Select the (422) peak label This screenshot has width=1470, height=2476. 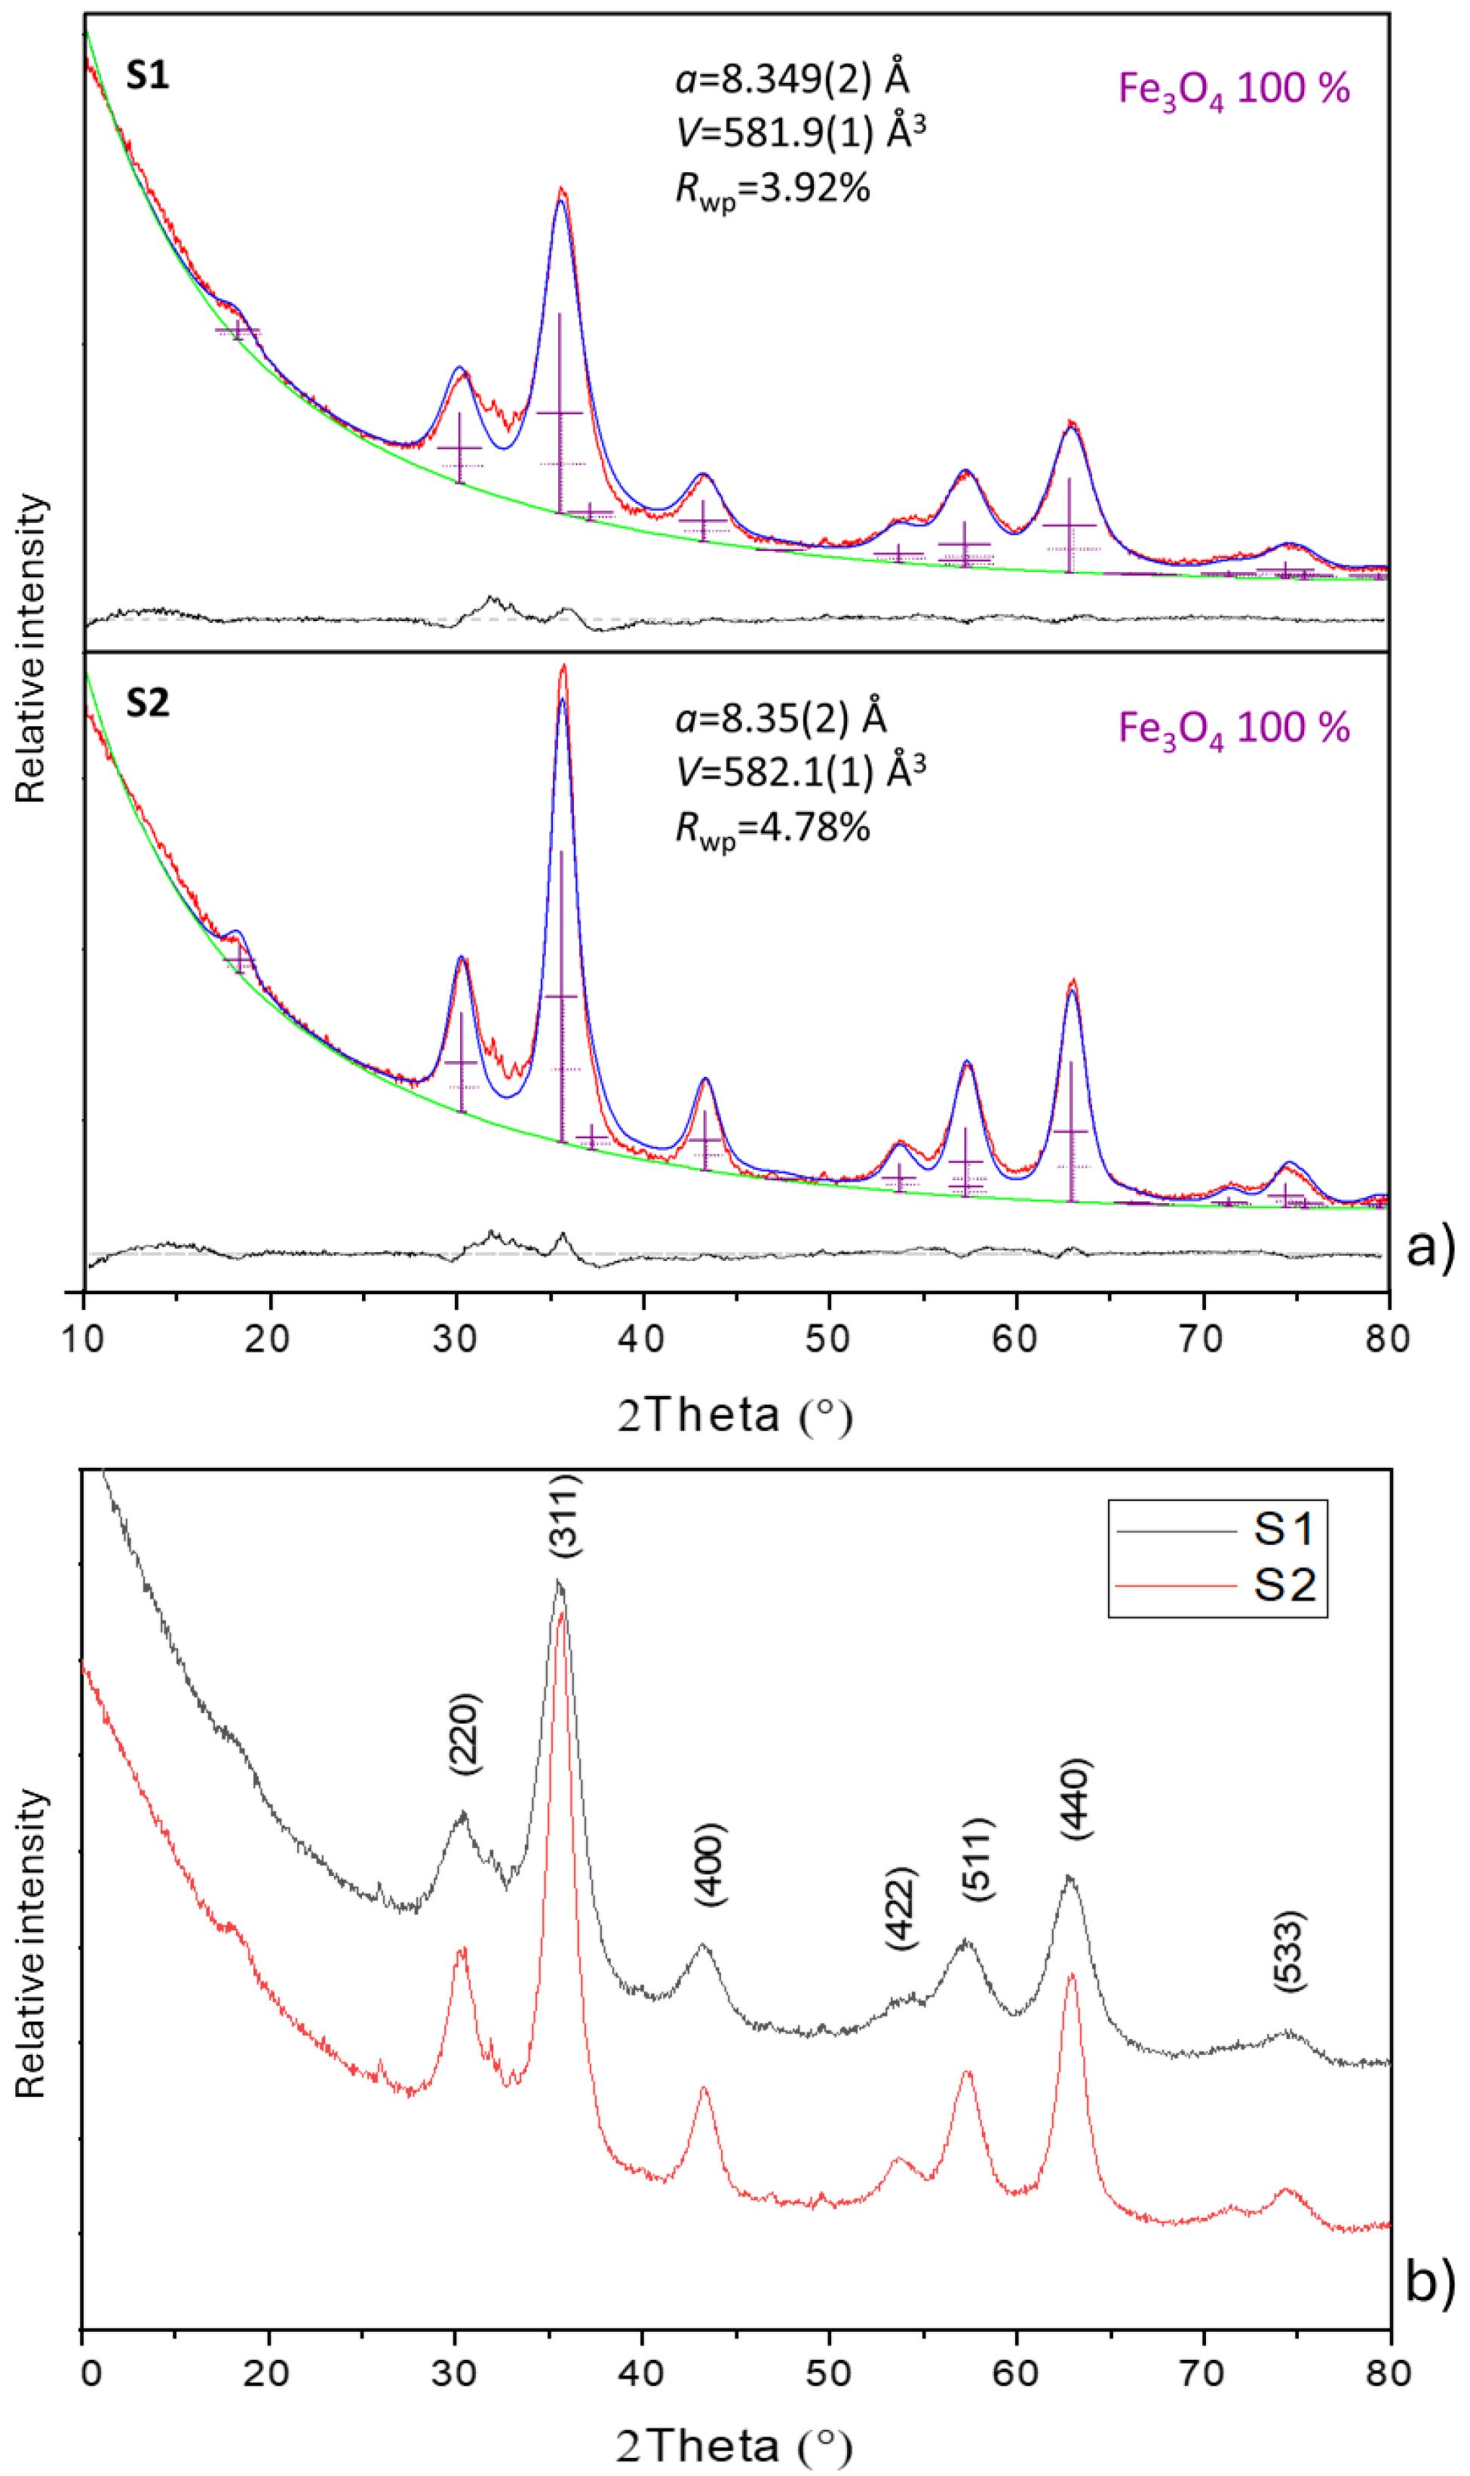point(901,1909)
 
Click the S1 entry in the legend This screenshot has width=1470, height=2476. point(1284,1530)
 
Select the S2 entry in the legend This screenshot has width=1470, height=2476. point(1284,1586)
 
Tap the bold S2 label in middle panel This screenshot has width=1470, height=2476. point(148,703)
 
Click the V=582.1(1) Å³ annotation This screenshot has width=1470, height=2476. point(800,770)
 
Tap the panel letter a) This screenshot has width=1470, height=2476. point(1430,1247)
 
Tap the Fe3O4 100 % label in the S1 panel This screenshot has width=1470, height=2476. point(1233,90)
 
